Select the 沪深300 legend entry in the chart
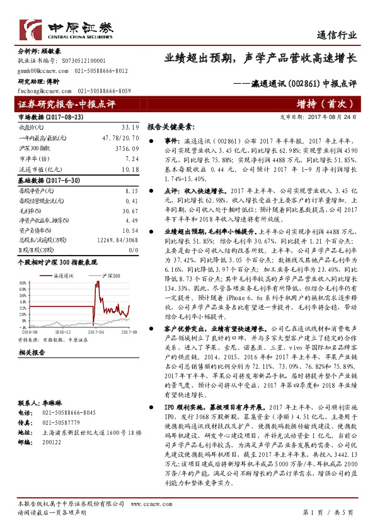110,276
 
